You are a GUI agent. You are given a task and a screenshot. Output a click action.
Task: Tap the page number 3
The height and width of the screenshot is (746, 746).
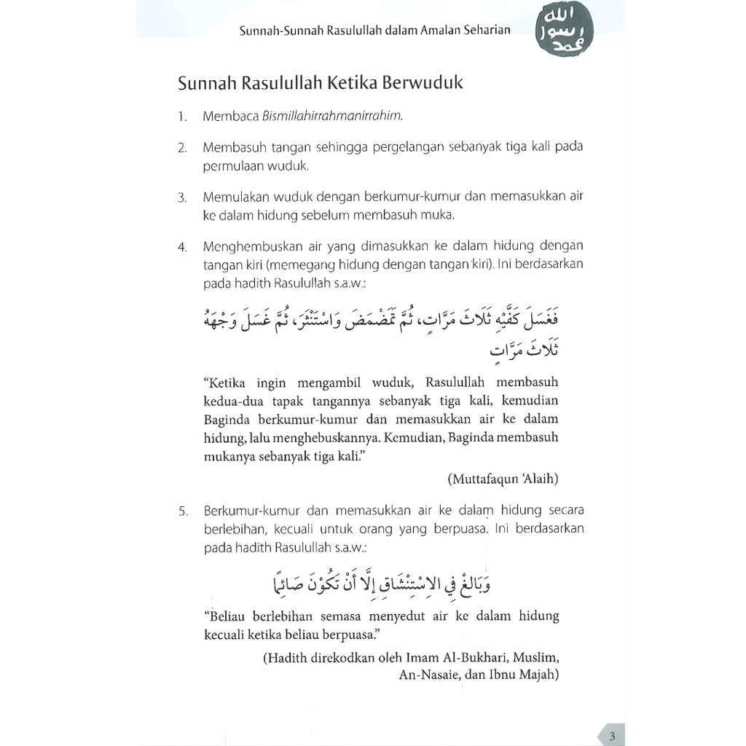pos(613,736)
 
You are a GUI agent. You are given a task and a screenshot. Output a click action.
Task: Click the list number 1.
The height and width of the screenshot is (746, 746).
pos(181,117)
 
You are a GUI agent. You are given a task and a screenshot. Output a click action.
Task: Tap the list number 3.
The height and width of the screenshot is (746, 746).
pos(182,197)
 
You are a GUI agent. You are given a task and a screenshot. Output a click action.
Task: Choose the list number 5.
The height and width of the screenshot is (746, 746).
pos(182,510)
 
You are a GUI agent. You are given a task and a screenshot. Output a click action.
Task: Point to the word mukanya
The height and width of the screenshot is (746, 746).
pos(230,459)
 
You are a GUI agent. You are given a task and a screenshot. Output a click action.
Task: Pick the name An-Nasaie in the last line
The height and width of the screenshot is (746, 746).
pos(429,675)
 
